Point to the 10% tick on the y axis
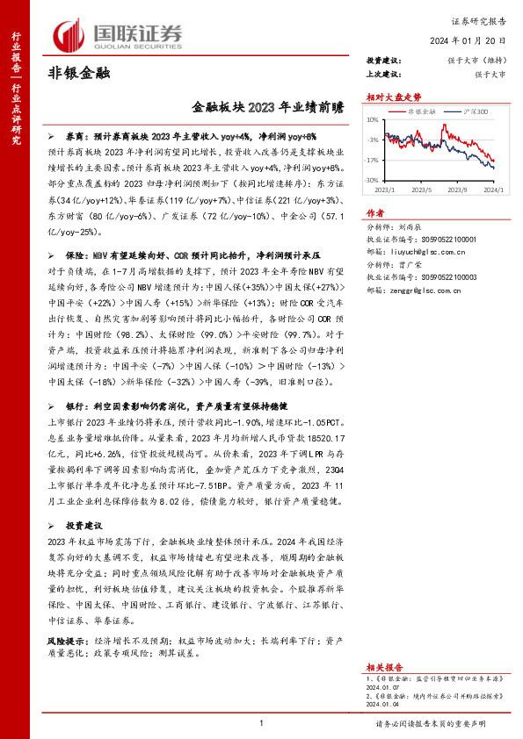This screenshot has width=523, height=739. point(373,120)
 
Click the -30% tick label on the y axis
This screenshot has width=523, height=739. point(372,179)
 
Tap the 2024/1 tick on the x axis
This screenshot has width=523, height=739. point(494,188)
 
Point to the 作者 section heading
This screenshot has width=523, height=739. point(375,213)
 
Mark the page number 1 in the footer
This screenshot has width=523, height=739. point(262,722)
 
